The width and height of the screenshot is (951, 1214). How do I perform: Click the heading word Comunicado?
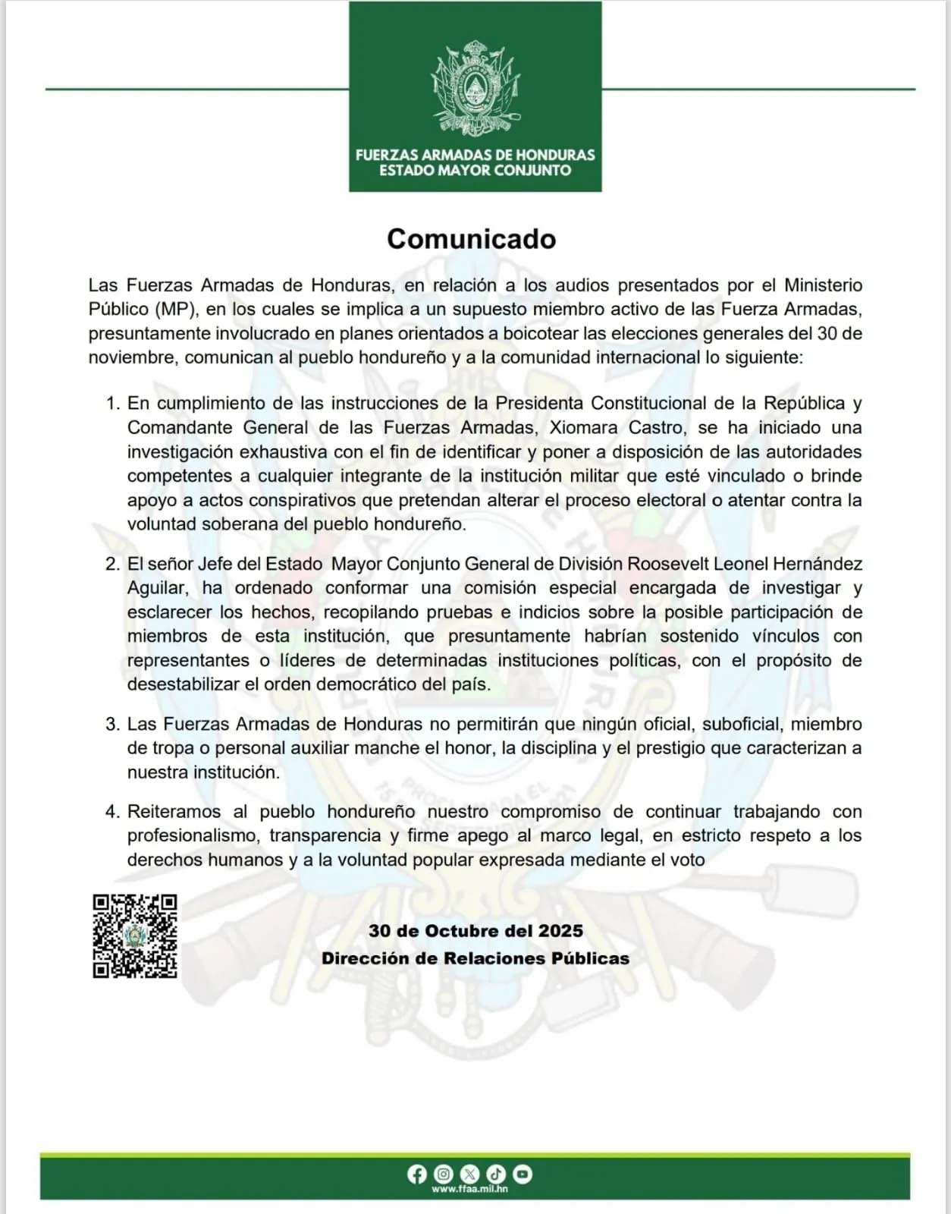tap(471, 239)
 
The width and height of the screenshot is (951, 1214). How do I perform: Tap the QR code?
tap(135, 936)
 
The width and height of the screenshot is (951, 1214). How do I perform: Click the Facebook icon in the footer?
tap(416, 1175)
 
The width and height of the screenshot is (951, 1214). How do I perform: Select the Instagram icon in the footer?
tap(444, 1175)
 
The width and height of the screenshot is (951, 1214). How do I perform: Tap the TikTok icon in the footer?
tap(496, 1175)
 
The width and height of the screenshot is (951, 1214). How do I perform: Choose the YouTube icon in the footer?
tap(523, 1175)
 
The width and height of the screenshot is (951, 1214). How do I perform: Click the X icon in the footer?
tap(470, 1175)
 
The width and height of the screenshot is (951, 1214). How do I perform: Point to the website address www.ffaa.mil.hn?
tap(469, 1189)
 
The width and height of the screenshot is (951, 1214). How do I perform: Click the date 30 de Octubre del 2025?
tap(475, 931)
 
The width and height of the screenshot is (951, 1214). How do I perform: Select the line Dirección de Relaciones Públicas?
tap(475, 958)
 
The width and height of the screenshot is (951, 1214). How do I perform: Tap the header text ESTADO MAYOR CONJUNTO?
tap(475, 171)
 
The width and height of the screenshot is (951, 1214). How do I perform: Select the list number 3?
tap(112, 724)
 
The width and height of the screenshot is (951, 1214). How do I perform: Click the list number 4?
tap(112, 811)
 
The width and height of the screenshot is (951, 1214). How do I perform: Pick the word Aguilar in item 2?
tap(155, 588)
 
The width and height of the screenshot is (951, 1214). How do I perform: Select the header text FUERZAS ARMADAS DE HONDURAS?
tap(475, 155)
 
